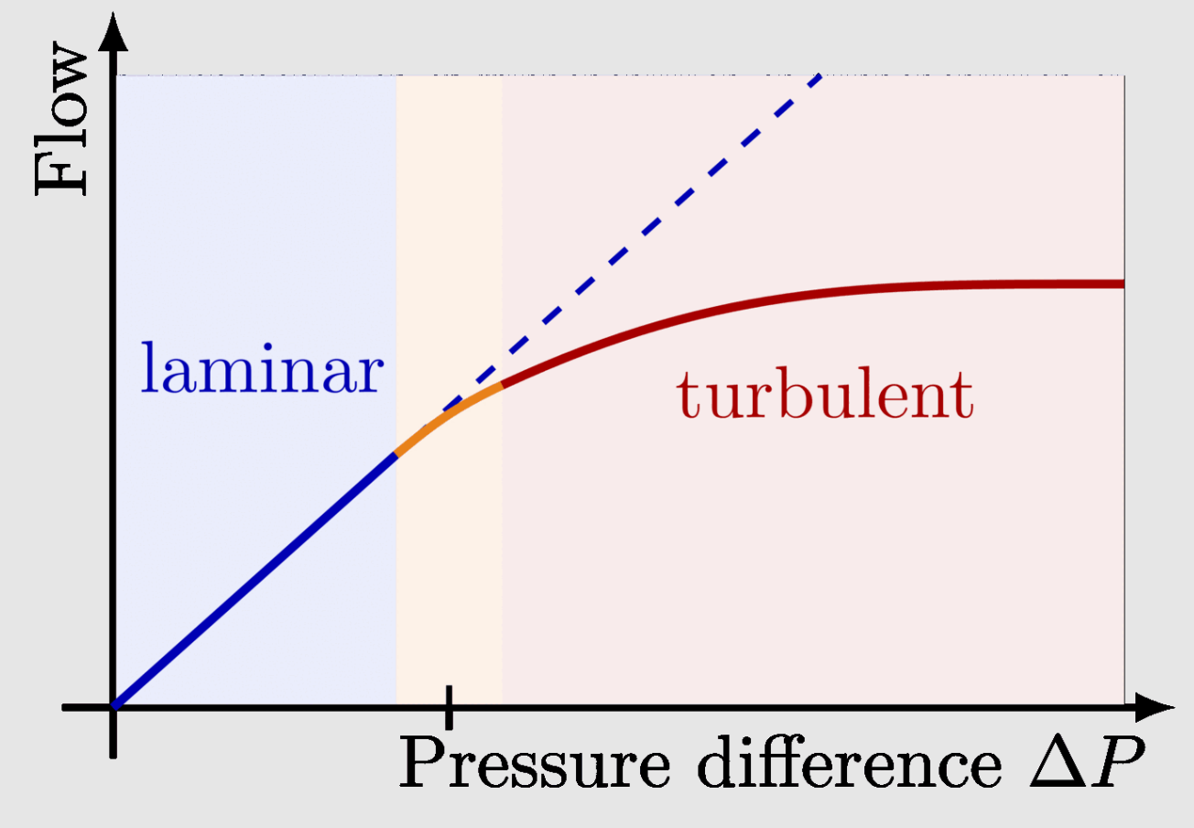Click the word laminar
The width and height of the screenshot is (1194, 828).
pos(260,370)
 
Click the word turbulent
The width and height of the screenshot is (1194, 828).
pos(824,396)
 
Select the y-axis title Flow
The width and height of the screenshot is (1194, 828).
pos(62,123)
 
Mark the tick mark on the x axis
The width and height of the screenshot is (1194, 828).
pos(449,707)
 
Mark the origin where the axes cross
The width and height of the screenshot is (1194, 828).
pos(113,707)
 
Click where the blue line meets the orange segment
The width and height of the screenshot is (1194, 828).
pos(396,454)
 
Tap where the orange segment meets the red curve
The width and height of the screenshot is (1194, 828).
pos(502,386)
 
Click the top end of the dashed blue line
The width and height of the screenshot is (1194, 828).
pos(820,76)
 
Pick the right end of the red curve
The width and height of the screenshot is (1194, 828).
pos(1122,284)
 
